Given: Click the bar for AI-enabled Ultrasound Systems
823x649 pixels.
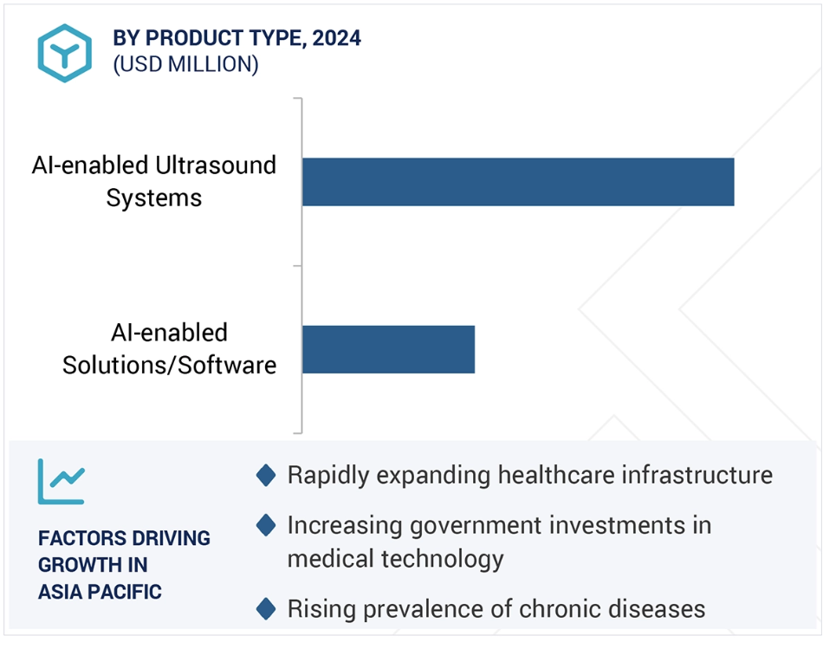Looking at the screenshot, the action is click(518, 182).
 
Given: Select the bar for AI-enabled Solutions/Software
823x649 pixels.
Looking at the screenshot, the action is click(388, 349).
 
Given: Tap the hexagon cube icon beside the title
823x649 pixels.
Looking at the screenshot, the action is click(65, 53).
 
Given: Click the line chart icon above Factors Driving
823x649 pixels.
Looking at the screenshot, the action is click(61, 482).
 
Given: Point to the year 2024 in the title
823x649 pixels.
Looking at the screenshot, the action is click(336, 38).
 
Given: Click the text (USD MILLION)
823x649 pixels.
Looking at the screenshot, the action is click(185, 64).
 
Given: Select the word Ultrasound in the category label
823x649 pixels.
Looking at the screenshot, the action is click(216, 165).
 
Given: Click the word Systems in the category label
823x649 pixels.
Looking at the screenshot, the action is click(154, 198).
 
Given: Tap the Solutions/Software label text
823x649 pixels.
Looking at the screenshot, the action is click(169, 365).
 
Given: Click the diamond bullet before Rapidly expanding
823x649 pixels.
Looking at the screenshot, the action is click(266, 475).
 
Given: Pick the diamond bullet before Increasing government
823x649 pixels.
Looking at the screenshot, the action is click(266, 525).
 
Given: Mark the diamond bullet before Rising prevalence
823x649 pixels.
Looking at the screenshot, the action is click(266, 608).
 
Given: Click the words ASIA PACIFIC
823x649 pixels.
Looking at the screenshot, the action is click(100, 592).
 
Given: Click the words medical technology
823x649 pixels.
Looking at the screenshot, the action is click(395, 559).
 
